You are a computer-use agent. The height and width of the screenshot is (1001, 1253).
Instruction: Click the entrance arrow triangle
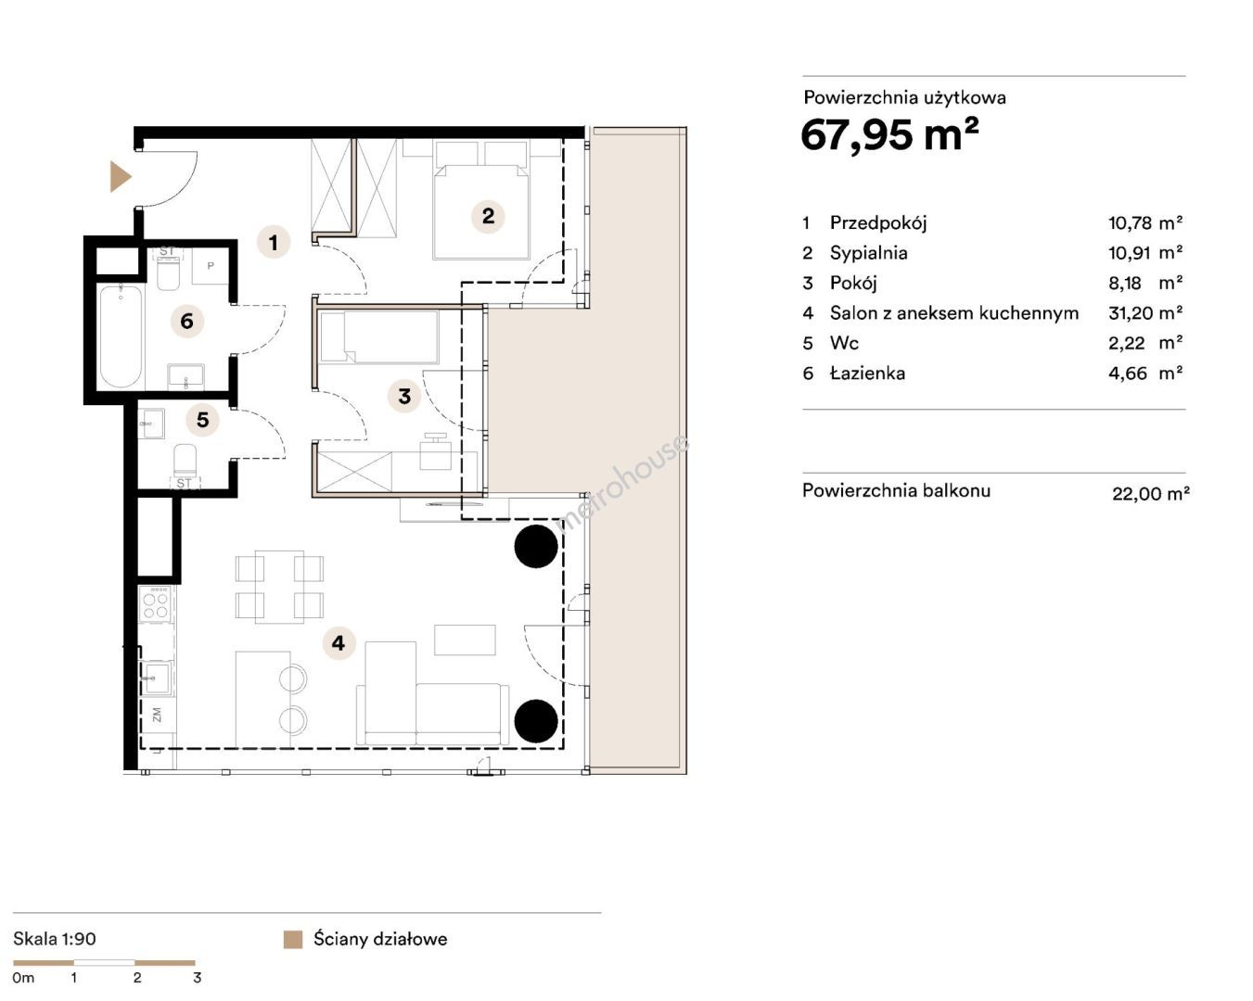click(x=120, y=177)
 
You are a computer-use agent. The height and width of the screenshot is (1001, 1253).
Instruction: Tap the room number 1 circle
click(x=274, y=242)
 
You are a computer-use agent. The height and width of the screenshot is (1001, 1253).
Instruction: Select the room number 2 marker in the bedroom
click(x=488, y=217)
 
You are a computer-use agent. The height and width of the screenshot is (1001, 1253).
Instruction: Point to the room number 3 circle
click(x=404, y=397)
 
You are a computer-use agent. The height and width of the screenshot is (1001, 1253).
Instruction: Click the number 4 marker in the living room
click(x=339, y=643)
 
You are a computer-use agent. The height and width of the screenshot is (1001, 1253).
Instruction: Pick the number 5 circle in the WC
click(x=202, y=420)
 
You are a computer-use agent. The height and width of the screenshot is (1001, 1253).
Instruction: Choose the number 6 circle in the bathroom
click(x=187, y=321)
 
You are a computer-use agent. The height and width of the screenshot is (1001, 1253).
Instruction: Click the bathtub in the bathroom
click(x=121, y=336)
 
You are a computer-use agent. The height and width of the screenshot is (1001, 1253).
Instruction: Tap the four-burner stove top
click(x=156, y=604)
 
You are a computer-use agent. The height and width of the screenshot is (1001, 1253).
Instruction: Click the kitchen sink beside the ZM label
click(x=156, y=678)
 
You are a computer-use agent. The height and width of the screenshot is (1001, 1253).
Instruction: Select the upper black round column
click(x=536, y=546)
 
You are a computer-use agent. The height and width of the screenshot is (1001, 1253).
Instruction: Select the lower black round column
click(x=536, y=721)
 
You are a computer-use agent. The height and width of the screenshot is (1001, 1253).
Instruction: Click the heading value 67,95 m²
click(x=889, y=135)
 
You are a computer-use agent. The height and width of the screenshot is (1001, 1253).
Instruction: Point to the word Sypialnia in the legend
click(x=869, y=253)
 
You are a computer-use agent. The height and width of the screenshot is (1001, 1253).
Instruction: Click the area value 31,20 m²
click(x=1145, y=313)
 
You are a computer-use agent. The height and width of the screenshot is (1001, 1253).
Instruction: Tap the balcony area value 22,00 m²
click(x=1151, y=494)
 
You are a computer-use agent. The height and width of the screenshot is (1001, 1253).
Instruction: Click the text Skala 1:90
click(x=55, y=939)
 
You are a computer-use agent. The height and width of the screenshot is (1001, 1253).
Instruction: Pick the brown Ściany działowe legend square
click(x=293, y=939)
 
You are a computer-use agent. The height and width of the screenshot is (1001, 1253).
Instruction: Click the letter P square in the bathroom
click(x=211, y=266)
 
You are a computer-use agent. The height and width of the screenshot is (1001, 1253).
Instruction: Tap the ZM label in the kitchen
click(x=156, y=715)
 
